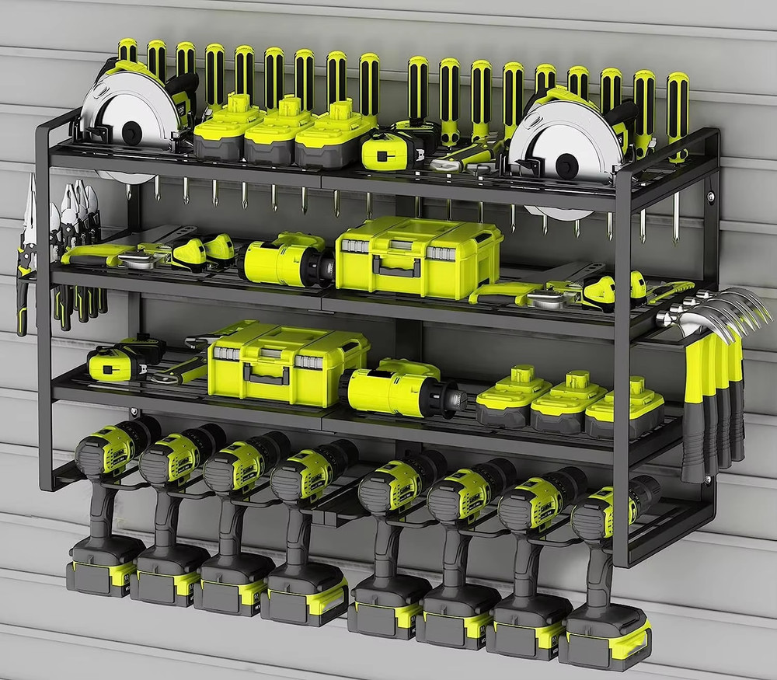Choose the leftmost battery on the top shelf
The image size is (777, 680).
218,128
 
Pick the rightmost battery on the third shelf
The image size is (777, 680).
625,409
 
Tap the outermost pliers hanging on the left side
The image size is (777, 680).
27,249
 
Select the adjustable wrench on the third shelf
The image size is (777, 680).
183,370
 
